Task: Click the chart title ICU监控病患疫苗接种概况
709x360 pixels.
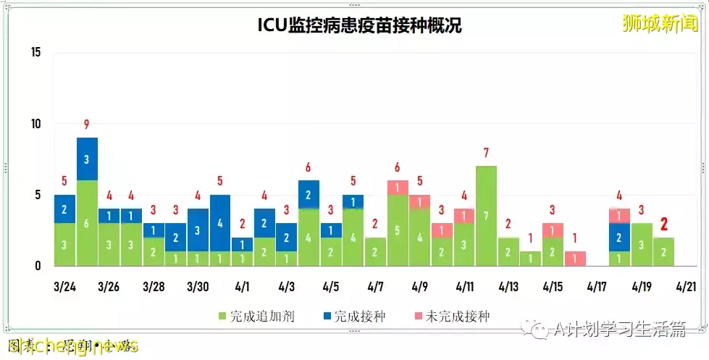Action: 360,26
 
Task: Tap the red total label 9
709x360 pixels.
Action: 87,124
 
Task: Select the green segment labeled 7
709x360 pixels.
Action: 486,216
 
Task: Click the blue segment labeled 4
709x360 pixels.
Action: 220,223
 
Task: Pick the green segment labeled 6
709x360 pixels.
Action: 87,223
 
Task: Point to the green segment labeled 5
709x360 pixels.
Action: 397,230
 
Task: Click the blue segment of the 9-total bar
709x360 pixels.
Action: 87,159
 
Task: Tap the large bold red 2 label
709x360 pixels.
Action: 663,224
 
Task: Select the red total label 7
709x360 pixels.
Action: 486,153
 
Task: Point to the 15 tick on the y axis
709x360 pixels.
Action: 36,52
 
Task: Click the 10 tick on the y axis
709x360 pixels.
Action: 36,124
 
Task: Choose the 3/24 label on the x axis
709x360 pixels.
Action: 64,286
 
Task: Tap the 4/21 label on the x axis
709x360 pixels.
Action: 685,286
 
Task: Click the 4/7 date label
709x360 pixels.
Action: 375,286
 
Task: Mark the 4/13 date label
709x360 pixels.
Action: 508,286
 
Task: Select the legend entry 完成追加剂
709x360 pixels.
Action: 256,317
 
